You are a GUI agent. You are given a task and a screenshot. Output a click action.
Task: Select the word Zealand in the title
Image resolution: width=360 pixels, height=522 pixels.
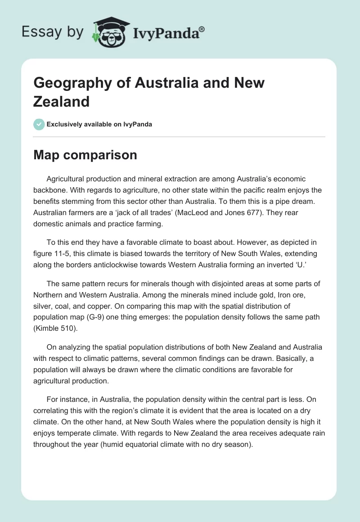point(62,101)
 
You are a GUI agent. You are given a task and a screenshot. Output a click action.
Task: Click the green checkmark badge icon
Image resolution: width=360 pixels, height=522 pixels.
point(39,124)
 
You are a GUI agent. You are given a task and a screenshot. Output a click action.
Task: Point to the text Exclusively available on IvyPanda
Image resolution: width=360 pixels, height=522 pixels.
point(99,124)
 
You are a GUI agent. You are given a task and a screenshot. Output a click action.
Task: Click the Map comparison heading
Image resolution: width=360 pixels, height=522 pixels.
point(85,155)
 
